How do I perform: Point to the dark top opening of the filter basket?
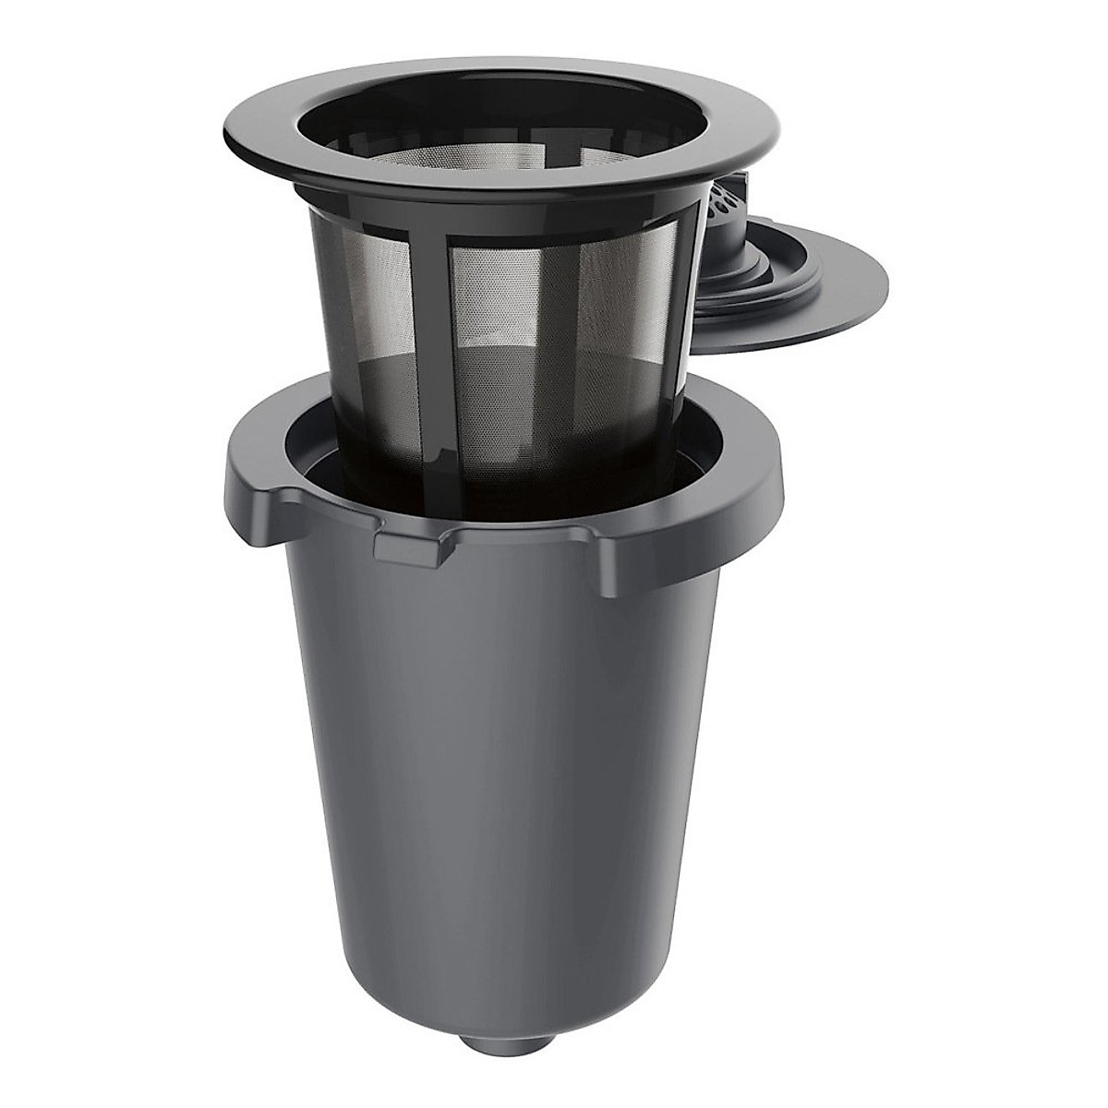coord(499,102)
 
